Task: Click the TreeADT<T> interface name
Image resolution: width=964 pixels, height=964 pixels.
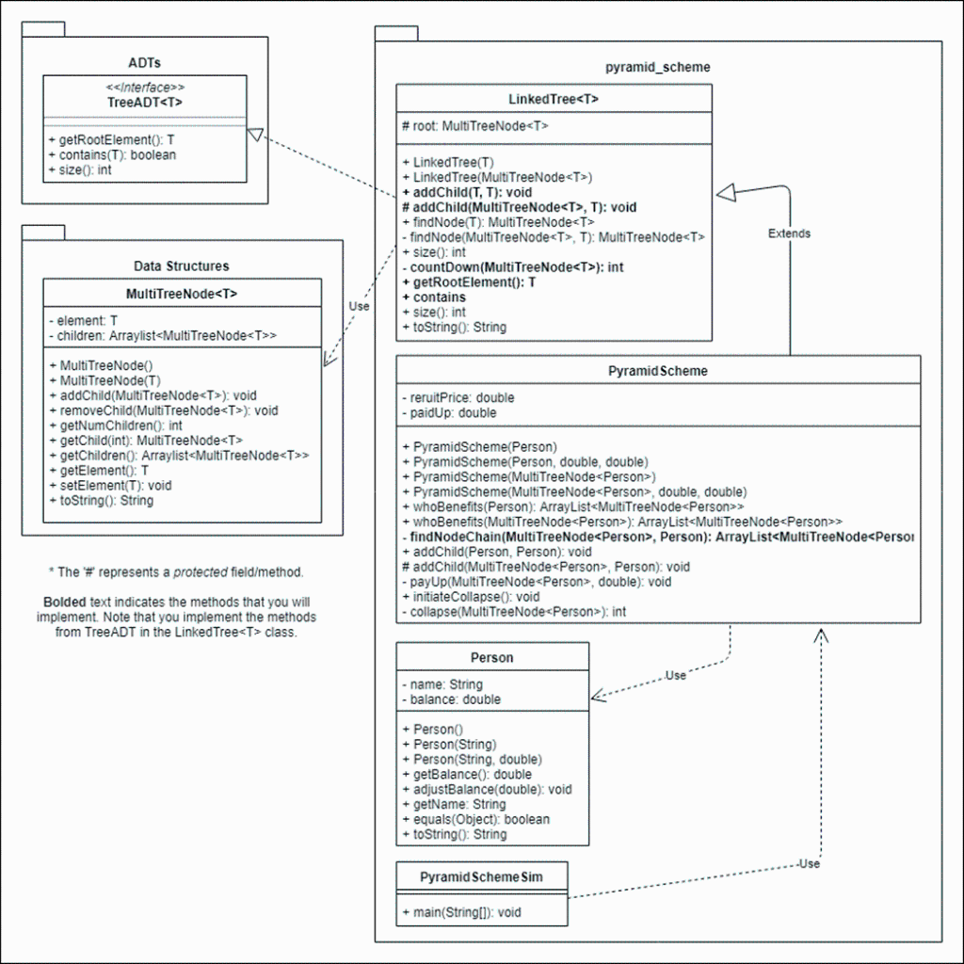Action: [145, 102]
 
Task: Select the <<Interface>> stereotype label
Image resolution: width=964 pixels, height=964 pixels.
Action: [145, 88]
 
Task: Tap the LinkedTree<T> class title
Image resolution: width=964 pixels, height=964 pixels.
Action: [554, 99]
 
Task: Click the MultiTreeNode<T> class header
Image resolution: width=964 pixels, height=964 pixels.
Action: [182, 294]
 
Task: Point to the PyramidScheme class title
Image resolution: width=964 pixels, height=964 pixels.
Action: [657, 371]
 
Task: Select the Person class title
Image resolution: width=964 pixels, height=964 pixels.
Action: [491, 657]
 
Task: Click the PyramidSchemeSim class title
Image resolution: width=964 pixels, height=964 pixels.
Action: [481, 876]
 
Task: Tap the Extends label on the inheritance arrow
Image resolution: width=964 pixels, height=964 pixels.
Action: [789, 233]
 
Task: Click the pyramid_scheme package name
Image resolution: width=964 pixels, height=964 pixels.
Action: [657, 68]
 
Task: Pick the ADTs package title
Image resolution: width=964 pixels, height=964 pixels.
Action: [144, 63]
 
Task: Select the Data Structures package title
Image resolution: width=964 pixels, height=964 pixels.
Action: [182, 266]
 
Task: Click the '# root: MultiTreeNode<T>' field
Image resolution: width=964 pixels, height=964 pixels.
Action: [474, 125]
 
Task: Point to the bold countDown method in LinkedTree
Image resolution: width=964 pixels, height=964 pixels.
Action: [517, 267]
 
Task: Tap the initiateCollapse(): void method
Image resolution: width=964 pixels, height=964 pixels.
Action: [471, 597]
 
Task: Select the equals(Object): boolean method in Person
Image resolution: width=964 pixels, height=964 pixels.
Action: [475, 819]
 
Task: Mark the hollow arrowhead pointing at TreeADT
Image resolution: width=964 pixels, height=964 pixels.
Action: [254, 137]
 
